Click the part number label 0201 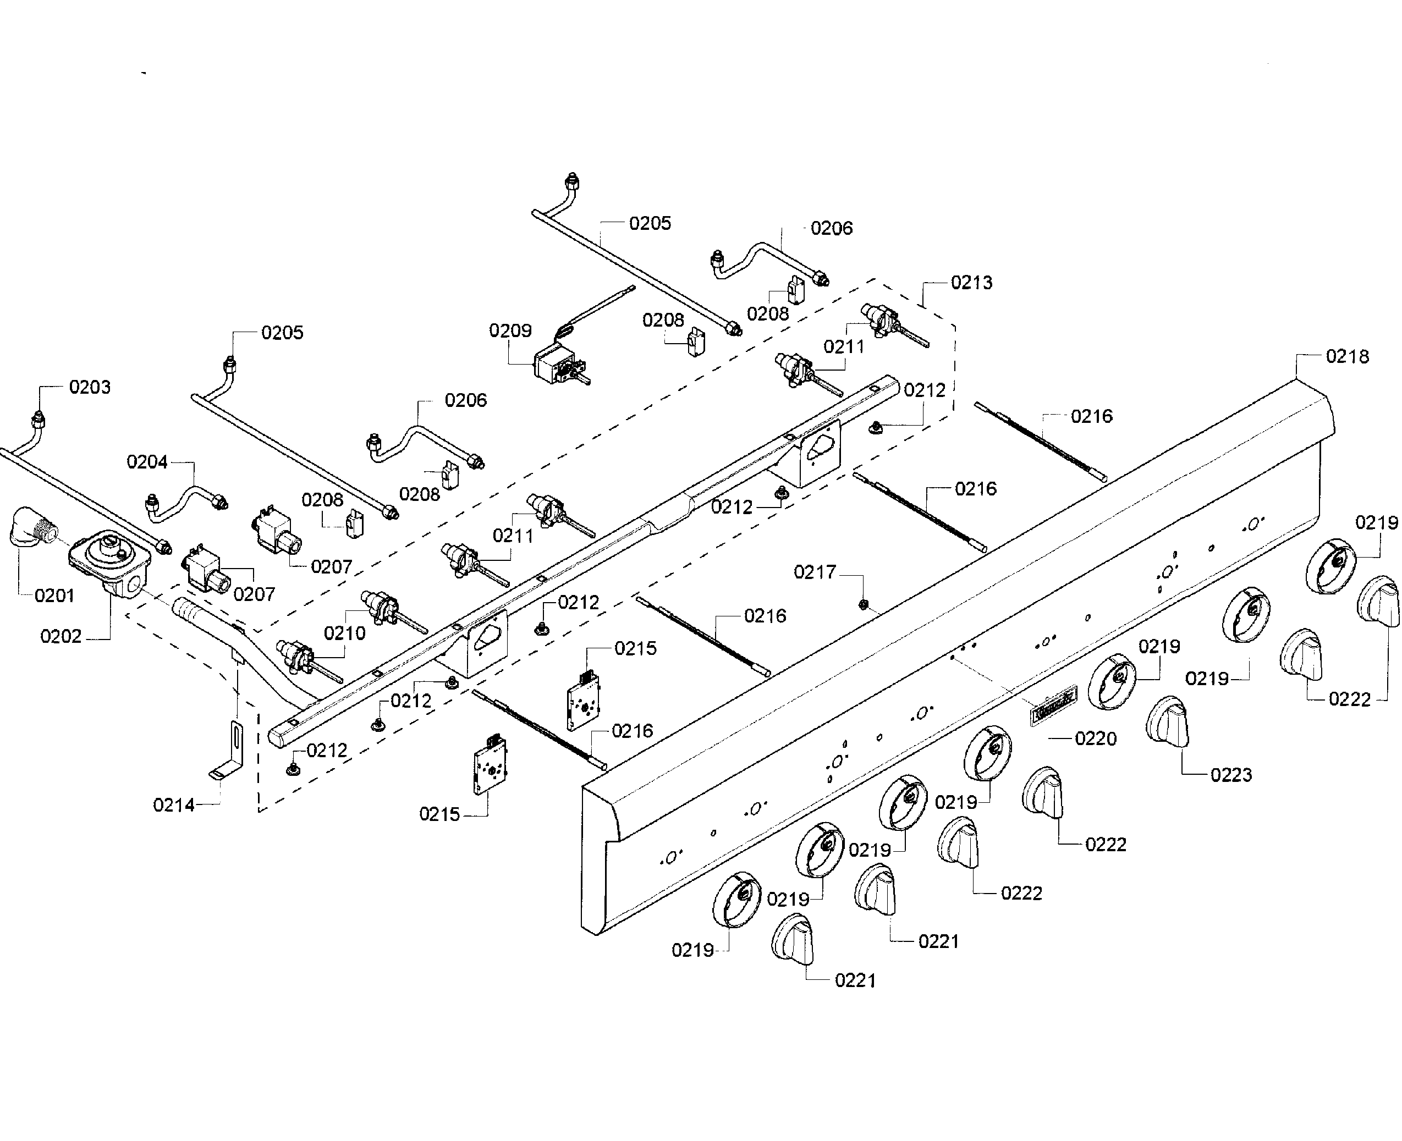pyautogui.click(x=54, y=596)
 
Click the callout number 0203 pyautogui.click(x=90, y=387)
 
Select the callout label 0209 pyautogui.click(x=510, y=330)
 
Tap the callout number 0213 pyautogui.click(x=971, y=283)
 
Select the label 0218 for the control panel pyautogui.click(x=1347, y=356)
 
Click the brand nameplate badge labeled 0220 pyautogui.click(x=1053, y=705)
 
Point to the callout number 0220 pyautogui.click(x=1095, y=738)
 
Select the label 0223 pyautogui.click(x=1230, y=775)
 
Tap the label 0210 pyautogui.click(x=344, y=633)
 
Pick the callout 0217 pyautogui.click(x=815, y=572)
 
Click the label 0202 pyautogui.click(x=61, y=636)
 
